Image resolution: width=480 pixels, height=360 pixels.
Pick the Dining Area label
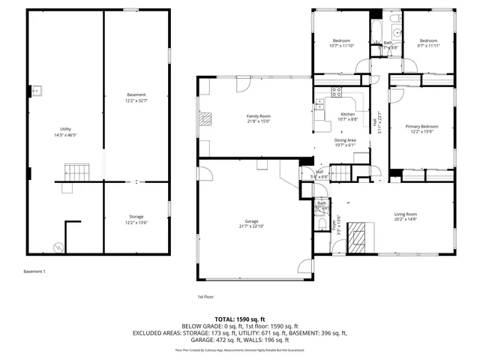pos(345,142)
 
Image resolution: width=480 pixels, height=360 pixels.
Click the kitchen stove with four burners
pos(337,93)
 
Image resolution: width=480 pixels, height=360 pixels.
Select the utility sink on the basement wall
pos(37,91)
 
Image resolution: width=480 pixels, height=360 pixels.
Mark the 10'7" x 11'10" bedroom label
pos(341,43)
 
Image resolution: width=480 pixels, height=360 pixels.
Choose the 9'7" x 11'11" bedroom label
pos(428,43)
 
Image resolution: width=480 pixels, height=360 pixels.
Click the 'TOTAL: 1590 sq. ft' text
pos(240,319)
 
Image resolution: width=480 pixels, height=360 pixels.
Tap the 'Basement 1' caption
pos(35,271)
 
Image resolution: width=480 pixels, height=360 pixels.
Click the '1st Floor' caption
pos(206,296)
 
